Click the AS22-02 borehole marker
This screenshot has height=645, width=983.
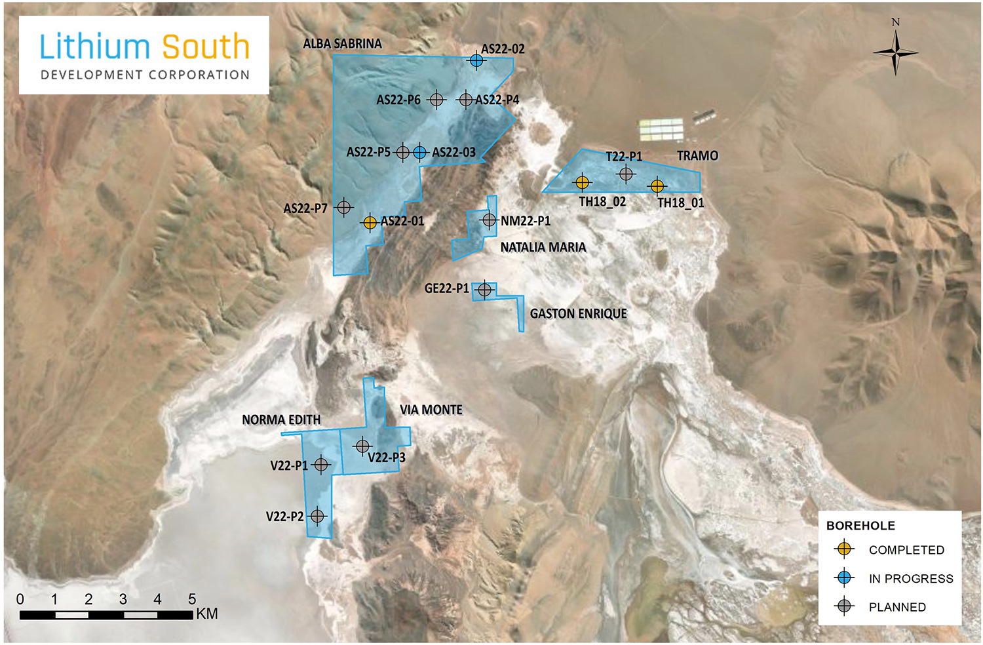(x=476, y=60)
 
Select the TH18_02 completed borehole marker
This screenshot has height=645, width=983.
(x=582, y=182)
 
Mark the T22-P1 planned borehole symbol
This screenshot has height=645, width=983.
(x=626, y=174)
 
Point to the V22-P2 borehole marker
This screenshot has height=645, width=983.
(x=317, y=517)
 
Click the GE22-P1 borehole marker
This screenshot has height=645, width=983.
(x=484, y=289)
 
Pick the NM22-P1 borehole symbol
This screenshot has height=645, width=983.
(x=489, y=220)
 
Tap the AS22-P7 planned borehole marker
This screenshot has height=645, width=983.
(x=343, y=208)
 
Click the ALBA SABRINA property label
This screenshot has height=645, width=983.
(x=342, y=44)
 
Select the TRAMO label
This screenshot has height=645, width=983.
(x=697, y=156)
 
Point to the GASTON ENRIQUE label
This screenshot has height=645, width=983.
(x=578, y=314)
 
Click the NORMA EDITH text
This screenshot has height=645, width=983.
(x=281, y=420)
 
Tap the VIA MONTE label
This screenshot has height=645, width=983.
(x=431, y=410)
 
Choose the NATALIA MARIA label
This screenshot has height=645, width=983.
(x=543, y=247)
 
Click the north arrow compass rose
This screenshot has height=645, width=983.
(x=895, y=52)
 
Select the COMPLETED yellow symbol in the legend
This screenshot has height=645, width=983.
(x=845, y=549)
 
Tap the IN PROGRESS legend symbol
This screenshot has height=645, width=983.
(x=845, y=577)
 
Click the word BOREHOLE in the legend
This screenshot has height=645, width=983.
(x=860, y=526)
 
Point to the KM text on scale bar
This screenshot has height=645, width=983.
(x=206, y=614)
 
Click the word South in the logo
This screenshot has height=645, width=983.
(x=206, y=48)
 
